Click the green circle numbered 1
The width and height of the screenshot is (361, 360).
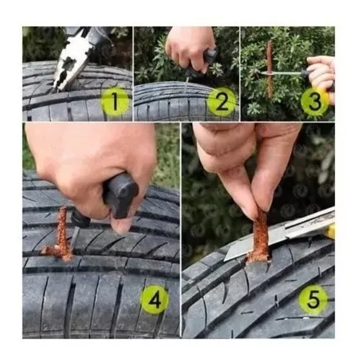[x=115, y=102]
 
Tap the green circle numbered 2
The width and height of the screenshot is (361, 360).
[x=222, y=102]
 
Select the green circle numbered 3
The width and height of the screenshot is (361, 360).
[x=315, y=102]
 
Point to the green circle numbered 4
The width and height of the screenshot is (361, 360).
[x=155, y=299]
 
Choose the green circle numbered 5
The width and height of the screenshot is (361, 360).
[x=313, y=299]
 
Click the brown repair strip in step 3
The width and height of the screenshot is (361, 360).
[x=269, y=69]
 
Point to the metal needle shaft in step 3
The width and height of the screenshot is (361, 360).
[x=284, y=73]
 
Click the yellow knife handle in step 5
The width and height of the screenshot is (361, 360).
[x=331, y=231]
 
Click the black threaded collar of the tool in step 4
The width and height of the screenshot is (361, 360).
[x=81, y=219]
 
